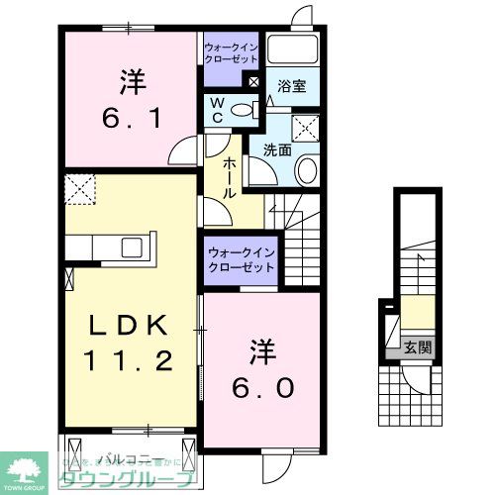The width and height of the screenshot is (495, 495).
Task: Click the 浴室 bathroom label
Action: pyautogui.click(x=292, y=86)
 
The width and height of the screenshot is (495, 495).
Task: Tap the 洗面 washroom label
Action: pyautogui.click(x=276, y=150)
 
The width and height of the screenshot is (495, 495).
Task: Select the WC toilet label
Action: pyautogui.click(x=218, y=109)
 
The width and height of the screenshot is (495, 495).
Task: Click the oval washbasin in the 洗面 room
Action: pyautogui.click(x=306, y=169)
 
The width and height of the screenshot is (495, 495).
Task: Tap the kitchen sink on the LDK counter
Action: pyautogui.click(x=133, y=247)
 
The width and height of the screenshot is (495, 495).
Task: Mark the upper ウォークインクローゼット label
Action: pyautogui.click(x=230, y=52)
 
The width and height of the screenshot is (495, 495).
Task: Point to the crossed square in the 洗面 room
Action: pyautogui.click(x=305, y=126)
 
